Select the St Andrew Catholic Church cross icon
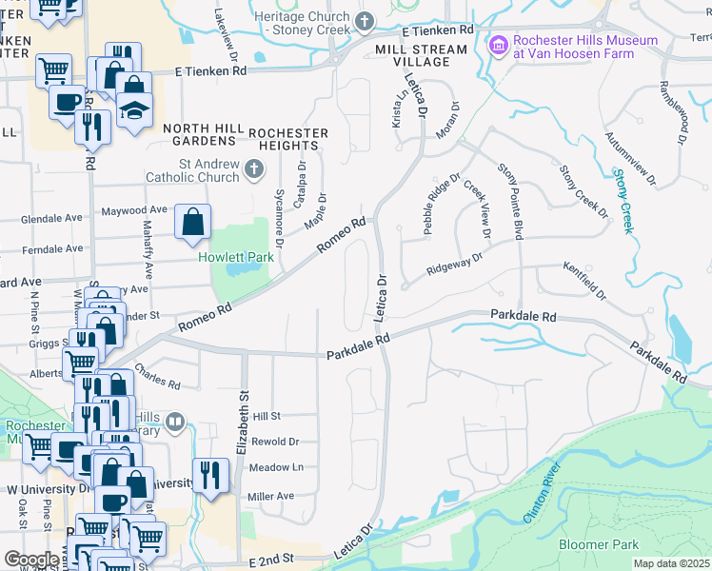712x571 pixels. point(253,169)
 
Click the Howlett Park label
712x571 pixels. point(236,257)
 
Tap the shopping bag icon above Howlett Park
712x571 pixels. point(192,223)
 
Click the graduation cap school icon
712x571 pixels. point(135,109)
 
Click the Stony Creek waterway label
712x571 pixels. point(623,201)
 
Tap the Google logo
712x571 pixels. point(31,560)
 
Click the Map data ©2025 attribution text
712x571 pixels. point(671,563)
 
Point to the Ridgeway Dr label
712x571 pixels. point(455,257)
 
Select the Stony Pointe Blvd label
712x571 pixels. point(510,200)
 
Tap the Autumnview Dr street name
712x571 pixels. point(630,158)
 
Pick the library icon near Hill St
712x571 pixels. point(174,422)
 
